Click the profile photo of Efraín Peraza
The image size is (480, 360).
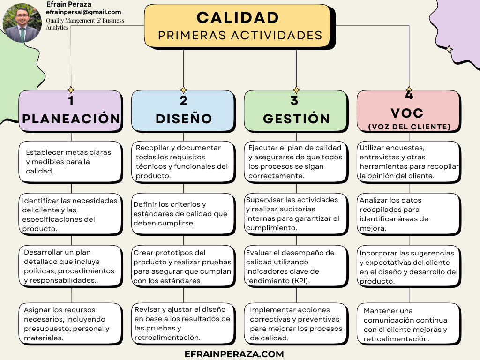click(x=22, y=22)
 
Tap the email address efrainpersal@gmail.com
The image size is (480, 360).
click(x=83, y=12)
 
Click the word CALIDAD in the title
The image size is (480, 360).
click(x=238, y=18)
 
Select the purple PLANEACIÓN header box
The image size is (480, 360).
click(x=71, y=111)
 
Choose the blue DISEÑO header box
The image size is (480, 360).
click(x=183, y=111)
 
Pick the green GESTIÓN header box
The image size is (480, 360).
click(x=296, y=111)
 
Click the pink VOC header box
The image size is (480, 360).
click(x=409, y=111)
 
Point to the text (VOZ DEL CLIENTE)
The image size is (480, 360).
click(x=409, y=127)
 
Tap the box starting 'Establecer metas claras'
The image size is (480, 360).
click(x=71, y=162)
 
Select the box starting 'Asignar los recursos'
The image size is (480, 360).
click(x=71, y=324)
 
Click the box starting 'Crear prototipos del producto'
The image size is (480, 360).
click(x=183, y=267)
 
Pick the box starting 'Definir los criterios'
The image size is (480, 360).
click(x=183, y=214)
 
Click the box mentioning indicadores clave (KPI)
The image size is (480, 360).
click(x=296, y=267)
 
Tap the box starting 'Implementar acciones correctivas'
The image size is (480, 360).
click(x=296, y=324)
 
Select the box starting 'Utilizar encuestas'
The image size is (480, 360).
click(x=409, y=162)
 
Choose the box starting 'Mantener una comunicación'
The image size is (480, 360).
click(x=409, y=324)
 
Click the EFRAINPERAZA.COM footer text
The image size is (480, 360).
click(x=234, y=354)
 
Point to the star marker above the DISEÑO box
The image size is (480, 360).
click(x=183, y=90)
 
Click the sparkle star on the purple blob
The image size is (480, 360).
click(x=449, y=49)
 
